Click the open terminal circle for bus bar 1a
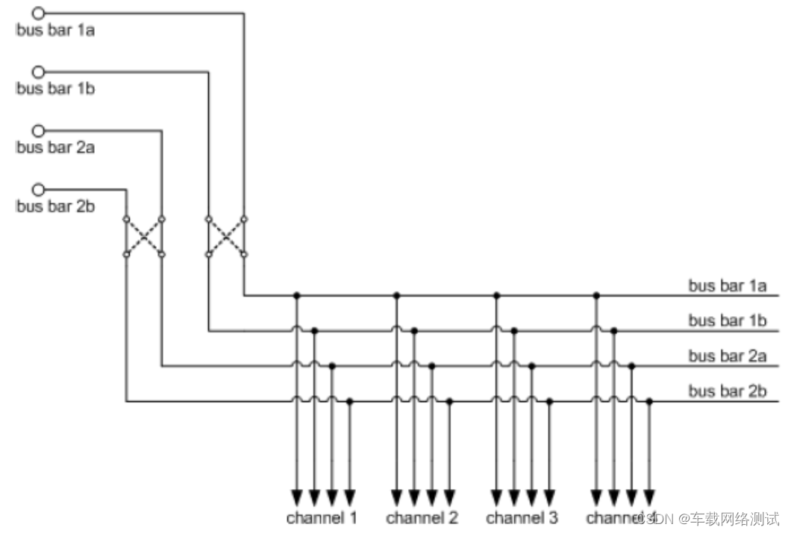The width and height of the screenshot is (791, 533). point(39,13)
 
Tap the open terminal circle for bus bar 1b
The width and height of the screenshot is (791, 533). point(39,72)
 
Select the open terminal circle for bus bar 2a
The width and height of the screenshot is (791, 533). point(39,130)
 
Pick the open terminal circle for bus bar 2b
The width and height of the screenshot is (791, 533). point(39,189)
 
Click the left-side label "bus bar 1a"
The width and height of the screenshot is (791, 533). point(55,31)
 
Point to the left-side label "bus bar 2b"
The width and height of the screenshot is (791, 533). point(55,206)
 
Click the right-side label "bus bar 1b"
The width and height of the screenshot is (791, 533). point(728,321)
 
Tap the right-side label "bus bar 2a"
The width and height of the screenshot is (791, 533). point(728,356)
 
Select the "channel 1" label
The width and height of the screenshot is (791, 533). point(322,517)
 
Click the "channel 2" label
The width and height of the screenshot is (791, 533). point(422,517)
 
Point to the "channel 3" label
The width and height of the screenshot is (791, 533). point(522,517)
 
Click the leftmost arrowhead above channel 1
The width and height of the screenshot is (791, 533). point(296,496)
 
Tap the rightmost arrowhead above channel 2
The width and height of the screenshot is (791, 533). point(449,496)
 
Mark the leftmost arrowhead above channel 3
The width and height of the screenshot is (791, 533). point(496,496)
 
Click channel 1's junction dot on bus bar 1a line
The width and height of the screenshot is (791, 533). point(296,295)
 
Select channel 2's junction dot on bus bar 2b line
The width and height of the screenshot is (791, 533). point(449,402)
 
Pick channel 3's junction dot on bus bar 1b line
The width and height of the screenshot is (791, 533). point(514,330)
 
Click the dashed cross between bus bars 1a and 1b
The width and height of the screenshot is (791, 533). point(226,236)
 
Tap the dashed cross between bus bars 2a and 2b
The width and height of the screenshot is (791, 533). point(144,236)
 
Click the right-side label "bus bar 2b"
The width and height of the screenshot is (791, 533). point(728,391)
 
